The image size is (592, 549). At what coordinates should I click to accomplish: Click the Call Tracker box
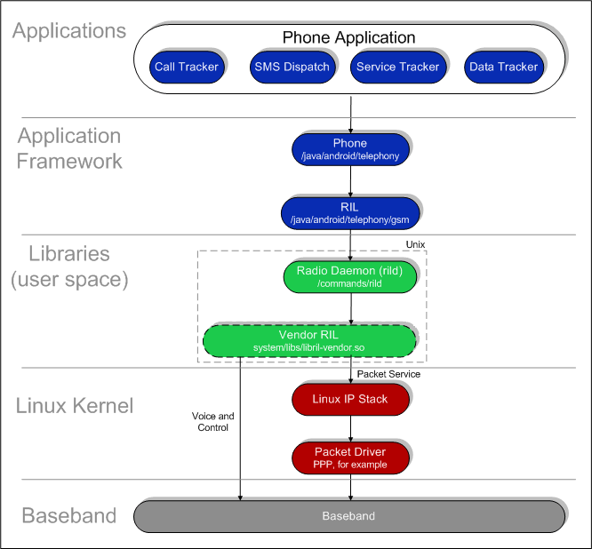(186, 67)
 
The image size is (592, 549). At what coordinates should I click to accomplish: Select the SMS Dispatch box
(291, 67)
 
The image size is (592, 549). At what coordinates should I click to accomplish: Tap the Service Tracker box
(397, 67)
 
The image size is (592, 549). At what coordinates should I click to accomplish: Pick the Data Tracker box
(503, 67)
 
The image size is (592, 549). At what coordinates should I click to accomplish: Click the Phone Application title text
(348, 37)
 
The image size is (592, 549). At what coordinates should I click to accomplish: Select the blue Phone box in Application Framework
(349, 148)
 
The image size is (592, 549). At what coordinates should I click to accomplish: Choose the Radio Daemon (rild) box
(350, 276)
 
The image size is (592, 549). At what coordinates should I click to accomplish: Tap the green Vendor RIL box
(309, 340)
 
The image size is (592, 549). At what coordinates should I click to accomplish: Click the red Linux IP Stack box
(349, 399)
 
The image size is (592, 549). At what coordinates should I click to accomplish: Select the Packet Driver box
(349, 457)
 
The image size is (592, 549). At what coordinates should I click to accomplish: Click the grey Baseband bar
(348, 516)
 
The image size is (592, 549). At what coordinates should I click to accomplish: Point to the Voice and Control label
(213, 421)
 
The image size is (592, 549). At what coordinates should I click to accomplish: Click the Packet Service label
(388, 374)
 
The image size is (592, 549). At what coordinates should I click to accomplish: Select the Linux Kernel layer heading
(75, 406)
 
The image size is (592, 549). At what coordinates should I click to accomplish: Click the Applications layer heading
(69, 31)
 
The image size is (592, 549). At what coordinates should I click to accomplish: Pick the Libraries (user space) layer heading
(69, 267)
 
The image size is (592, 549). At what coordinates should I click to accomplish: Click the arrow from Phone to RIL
(350, 179)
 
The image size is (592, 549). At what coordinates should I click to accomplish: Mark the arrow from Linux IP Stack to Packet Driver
(350, 428)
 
